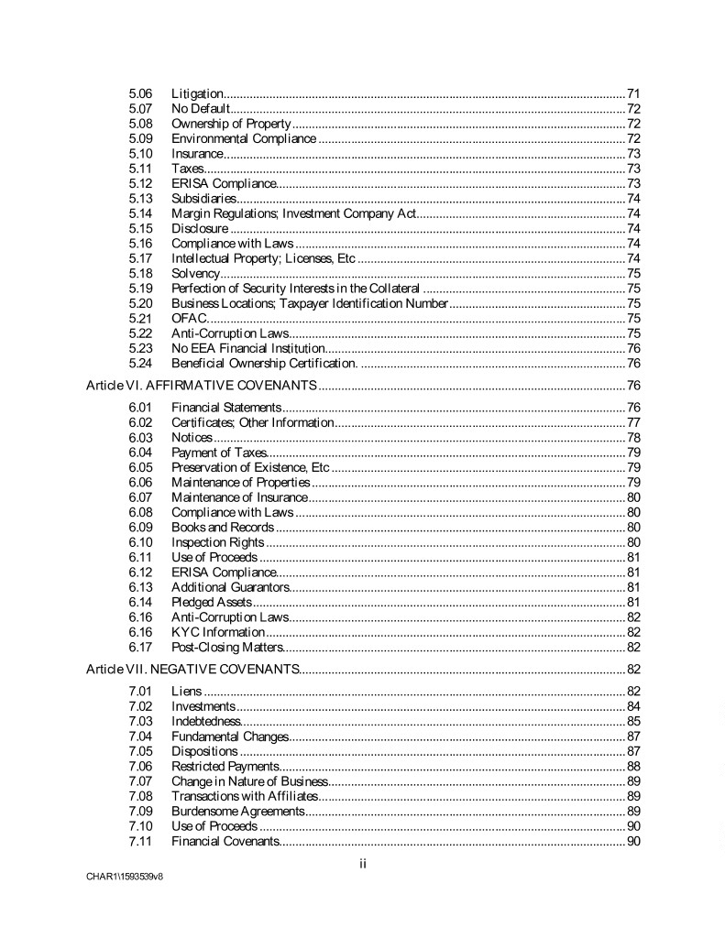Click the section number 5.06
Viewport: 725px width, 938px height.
pyautogui.click(x=140, y=93)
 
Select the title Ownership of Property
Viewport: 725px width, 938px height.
pyautogui.click(x=231, y=124)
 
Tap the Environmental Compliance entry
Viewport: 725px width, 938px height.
pyautogui.click(x=244, y=138)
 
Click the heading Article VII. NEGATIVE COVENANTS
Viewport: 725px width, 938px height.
pyautogui.click(x=192, y=669)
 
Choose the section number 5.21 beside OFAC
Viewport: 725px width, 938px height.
pyautogui.click(x=140, y=318)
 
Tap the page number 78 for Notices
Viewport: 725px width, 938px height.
pyautogui.click(x=633, y=438)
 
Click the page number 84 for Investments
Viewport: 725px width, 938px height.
pyautogui.click(x=633, y=706)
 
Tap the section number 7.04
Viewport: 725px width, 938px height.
pyautogui.click(x=140, y=736)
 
